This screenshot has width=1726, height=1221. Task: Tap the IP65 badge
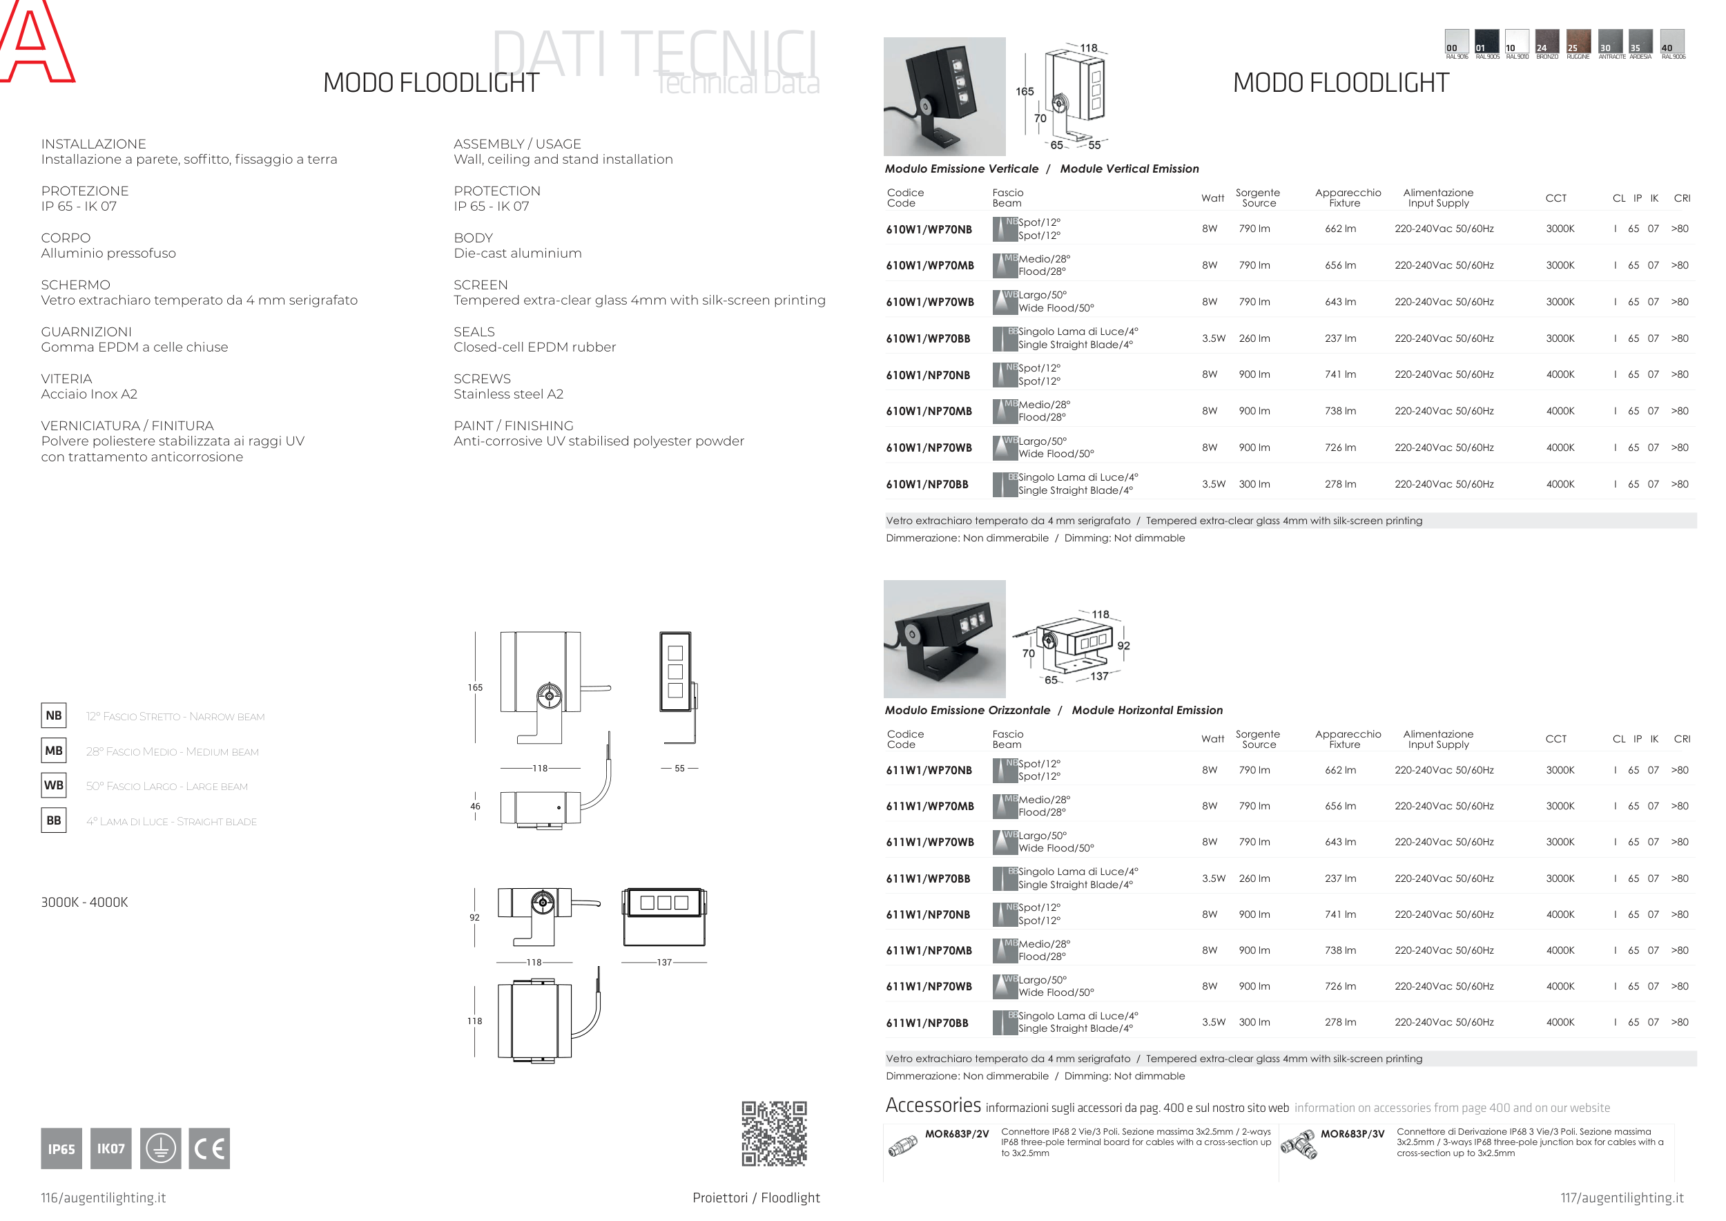coord(61,1148)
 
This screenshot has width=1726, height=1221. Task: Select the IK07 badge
coord(110,1148)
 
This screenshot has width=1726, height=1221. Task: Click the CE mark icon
coord(209,1148)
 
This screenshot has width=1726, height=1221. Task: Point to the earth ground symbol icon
coord(160,1148)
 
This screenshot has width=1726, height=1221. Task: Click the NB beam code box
coord(53,715)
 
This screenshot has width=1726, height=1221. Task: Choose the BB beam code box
coord(53,820)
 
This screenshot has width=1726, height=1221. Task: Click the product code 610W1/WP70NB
coord(929,229)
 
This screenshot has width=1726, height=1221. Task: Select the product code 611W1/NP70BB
coord(927,1023)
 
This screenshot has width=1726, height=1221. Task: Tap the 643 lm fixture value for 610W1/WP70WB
coord(1340,302)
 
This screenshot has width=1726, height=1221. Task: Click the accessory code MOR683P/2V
coord(956,1134)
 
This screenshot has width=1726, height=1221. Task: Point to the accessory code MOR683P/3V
coord(1352,1134)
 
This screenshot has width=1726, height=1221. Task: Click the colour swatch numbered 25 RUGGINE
coord(1578,42)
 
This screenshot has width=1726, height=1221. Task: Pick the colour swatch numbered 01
coord(1487,42)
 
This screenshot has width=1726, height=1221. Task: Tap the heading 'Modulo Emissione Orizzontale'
coord(967,710)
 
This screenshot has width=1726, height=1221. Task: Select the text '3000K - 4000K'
coord(84,902)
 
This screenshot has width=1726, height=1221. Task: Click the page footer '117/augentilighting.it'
coord(1622,1198)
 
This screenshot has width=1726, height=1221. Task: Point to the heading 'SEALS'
coord(474,331)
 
